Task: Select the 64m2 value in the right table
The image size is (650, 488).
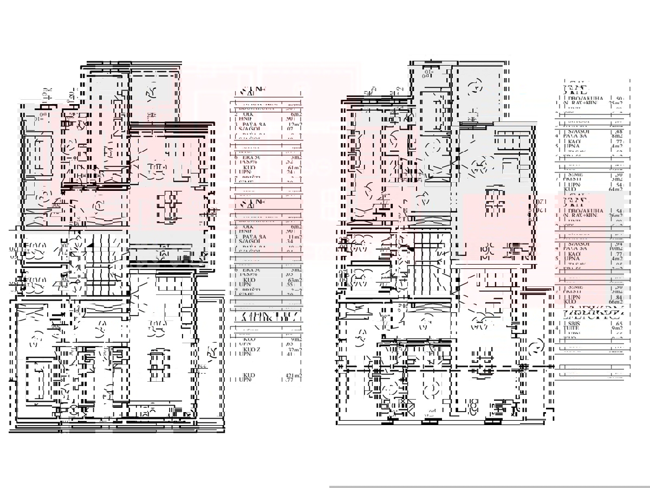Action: click(616, 189)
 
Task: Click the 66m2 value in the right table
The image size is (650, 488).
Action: click(616, 301)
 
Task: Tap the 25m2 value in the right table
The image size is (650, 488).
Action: click(616, 103)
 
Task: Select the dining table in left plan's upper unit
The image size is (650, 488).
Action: click(169, 207)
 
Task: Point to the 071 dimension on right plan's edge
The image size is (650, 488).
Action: click(540, 202)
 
